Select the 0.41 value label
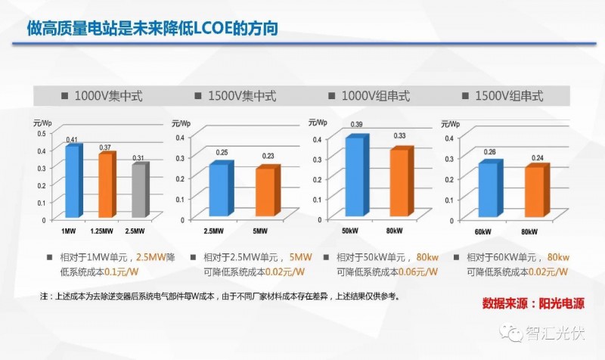(72, 140)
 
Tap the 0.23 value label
(268, 156)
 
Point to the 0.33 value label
(400, 136)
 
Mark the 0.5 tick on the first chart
(42, 133)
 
